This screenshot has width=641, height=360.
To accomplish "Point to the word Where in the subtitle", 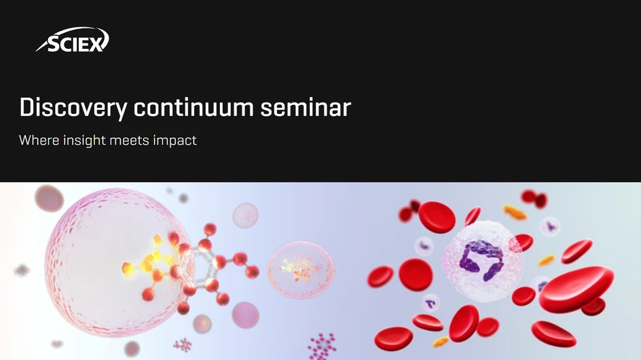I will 38,141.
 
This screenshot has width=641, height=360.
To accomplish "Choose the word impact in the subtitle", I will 176,141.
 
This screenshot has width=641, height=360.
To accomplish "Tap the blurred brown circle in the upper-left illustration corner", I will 49,198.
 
